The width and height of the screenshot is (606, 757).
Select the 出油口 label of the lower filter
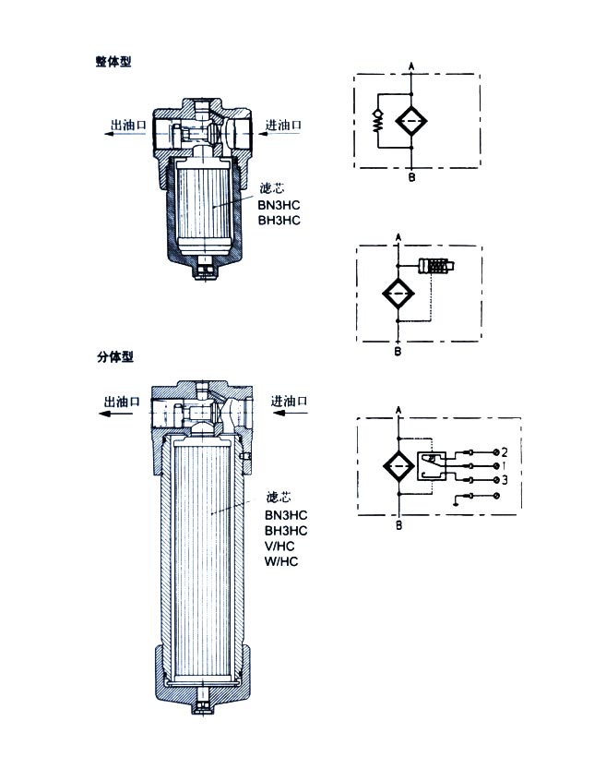coord(121,402)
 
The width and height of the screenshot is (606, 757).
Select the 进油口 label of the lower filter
coord(290,402)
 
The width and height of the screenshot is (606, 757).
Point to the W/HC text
coord(279,561)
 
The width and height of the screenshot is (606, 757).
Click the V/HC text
coord(279,546)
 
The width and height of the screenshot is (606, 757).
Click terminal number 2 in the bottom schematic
coord(505,452)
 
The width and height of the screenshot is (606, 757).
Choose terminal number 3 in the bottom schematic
coord(505,481)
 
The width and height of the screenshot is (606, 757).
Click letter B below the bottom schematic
coord(398,525)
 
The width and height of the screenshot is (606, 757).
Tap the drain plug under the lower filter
coord(202,712)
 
